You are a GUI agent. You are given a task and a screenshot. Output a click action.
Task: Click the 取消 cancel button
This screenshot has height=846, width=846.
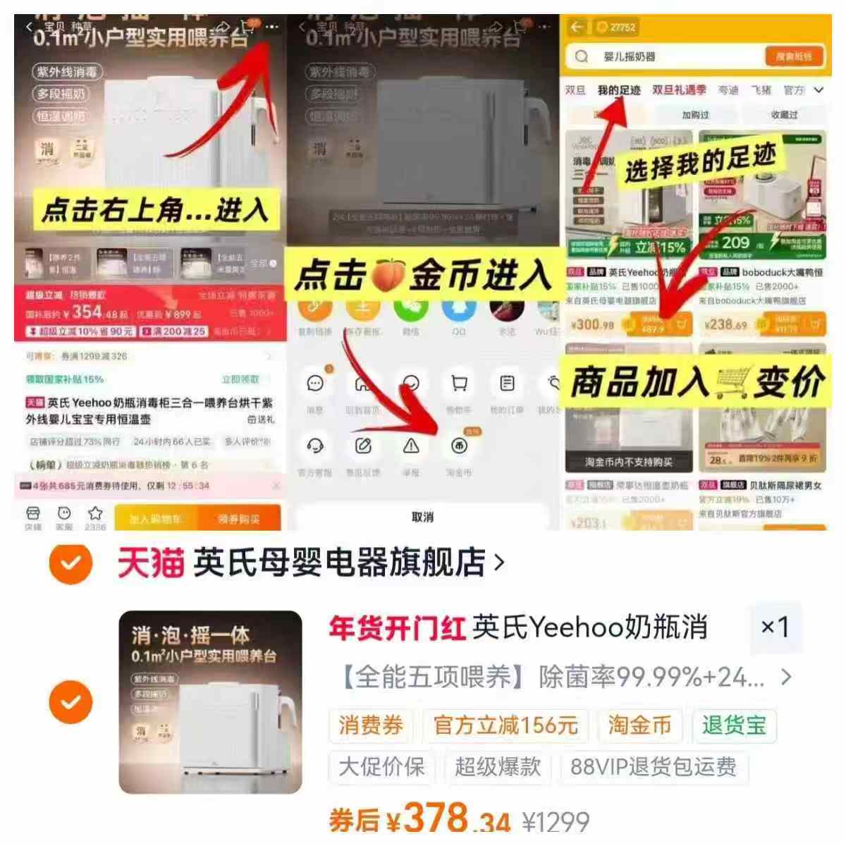pyautogui.click(x=422, y=517)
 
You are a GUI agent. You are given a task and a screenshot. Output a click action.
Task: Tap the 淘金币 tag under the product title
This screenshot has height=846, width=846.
pyautogui.click(x=639, y=725)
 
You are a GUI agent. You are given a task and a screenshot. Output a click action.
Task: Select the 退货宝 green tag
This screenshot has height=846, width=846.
pyautogui.click(x=733, y=725)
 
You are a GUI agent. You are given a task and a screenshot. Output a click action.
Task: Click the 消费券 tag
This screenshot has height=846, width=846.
pyautogui.click(x=371, y=725)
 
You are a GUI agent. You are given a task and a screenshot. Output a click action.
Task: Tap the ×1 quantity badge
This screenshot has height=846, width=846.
pyautogui.click(x=774, y=627)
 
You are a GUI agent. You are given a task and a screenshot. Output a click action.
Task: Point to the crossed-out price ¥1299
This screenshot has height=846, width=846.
pyautogui.click(x=556, y=822)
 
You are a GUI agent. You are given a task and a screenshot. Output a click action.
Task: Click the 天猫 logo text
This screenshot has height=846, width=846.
pyautogui.click(x=150, y=563)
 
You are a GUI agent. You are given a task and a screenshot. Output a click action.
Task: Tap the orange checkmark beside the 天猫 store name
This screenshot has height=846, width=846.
pyautogui.click(x=70, y=563)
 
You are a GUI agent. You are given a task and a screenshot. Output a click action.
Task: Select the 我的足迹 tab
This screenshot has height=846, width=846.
pyautogui.click(x=619, y=90)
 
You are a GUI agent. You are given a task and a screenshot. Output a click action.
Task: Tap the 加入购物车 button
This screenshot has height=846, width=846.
pyautogui.click(x=156, y=519)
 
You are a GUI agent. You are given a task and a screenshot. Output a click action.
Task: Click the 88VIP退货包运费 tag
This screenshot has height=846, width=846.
pyautogui.click(x=653, y=766)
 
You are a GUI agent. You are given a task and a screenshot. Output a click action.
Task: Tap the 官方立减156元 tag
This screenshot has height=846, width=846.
pyautogui.click(x=505, y=725)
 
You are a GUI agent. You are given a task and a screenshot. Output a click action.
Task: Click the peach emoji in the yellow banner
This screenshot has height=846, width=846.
pyautogui.click(x=387, y=275)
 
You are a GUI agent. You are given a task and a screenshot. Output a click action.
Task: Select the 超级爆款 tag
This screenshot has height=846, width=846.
pyautogui.click(x=497, y=766)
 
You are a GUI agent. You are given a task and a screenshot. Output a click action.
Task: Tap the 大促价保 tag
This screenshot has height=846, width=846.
pyautogui.click(x=381, y=766)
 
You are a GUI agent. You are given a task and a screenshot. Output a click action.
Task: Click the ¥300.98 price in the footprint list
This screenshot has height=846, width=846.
pyautogui.click(x=592, y=325)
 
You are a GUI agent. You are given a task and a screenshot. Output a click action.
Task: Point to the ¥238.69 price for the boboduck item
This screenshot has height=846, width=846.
pyautogui.click(x=725, y=325)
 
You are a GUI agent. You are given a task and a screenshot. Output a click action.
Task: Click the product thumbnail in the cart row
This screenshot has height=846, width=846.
pyautogui.click(x=210, y=702)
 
